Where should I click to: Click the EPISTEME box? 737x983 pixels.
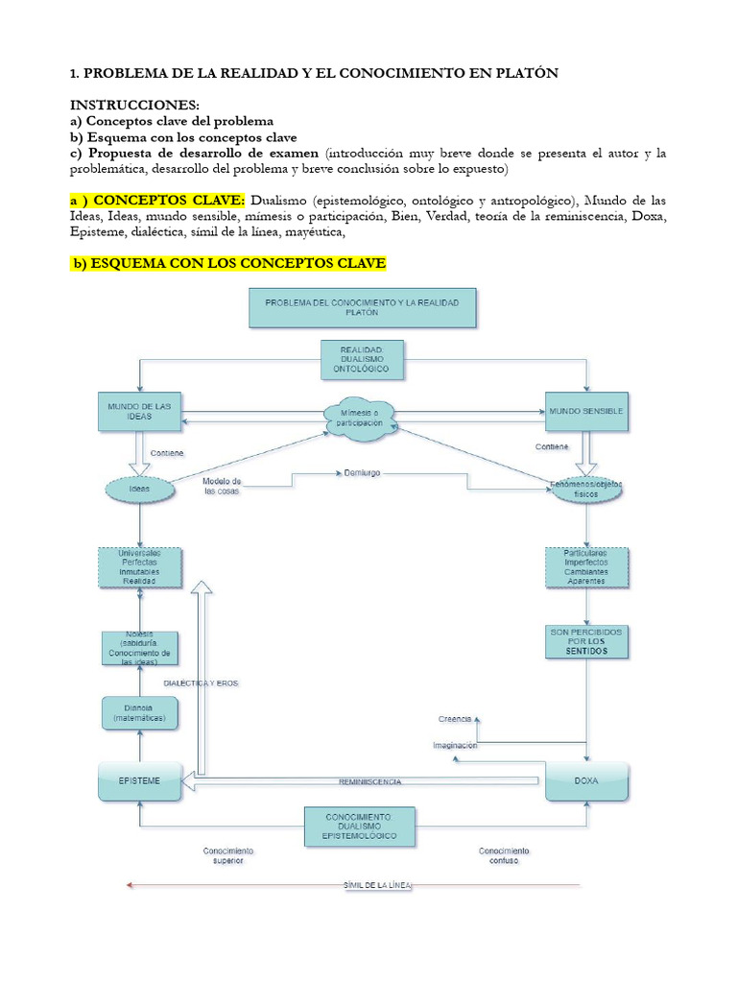point(140,781)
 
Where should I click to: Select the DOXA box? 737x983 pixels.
point(587,781)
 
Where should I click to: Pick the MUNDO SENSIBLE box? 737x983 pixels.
point(586,411)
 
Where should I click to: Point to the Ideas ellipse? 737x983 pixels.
point(140,489)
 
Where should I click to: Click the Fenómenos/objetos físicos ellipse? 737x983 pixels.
point(586,488)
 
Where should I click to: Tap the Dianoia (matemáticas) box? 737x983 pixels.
point(140,711)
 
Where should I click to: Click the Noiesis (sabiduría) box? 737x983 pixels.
point(140,648)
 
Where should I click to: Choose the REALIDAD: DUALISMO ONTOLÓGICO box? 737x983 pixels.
point(362,359)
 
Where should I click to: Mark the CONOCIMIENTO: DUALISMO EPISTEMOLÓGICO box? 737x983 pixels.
point(363,827)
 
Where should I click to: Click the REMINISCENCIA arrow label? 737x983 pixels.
point(370,782)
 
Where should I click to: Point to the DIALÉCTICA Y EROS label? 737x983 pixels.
point(201,683)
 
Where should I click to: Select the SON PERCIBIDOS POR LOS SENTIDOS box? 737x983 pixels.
point(585,641)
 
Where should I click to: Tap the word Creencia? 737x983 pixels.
point(456,718)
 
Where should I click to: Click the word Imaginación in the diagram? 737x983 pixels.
point(455,745)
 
